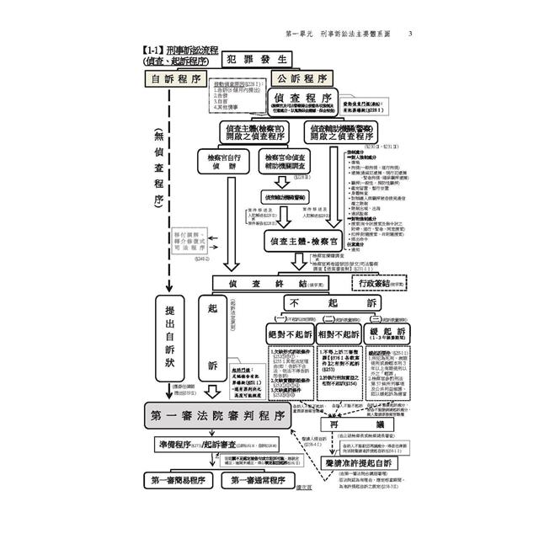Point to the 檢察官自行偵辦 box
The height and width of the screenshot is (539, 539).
[x=222, y=162]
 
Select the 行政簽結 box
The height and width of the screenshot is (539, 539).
[x=402, y=285]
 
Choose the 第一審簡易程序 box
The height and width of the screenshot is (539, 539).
[x=179, y=481]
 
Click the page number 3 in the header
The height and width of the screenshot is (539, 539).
[x=409, y=34]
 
